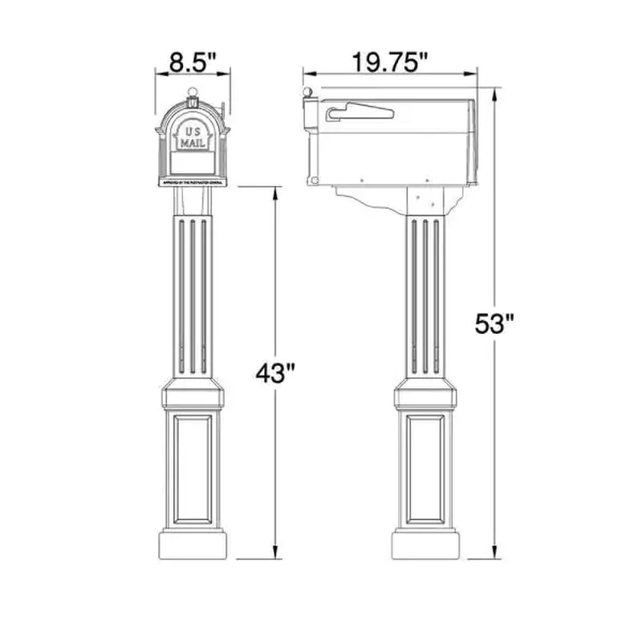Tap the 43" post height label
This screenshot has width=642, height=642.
coord(276,373)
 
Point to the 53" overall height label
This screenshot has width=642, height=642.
coord(494,325)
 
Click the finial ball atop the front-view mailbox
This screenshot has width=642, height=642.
coord(193,92)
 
